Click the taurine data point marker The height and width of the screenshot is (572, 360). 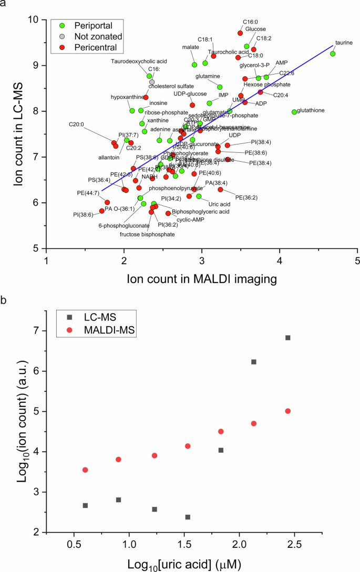[332, 54]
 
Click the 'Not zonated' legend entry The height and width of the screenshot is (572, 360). [84, 36]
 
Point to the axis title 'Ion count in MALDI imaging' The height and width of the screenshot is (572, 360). [202, 280]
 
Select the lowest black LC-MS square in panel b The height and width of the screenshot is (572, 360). [188, 517]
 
